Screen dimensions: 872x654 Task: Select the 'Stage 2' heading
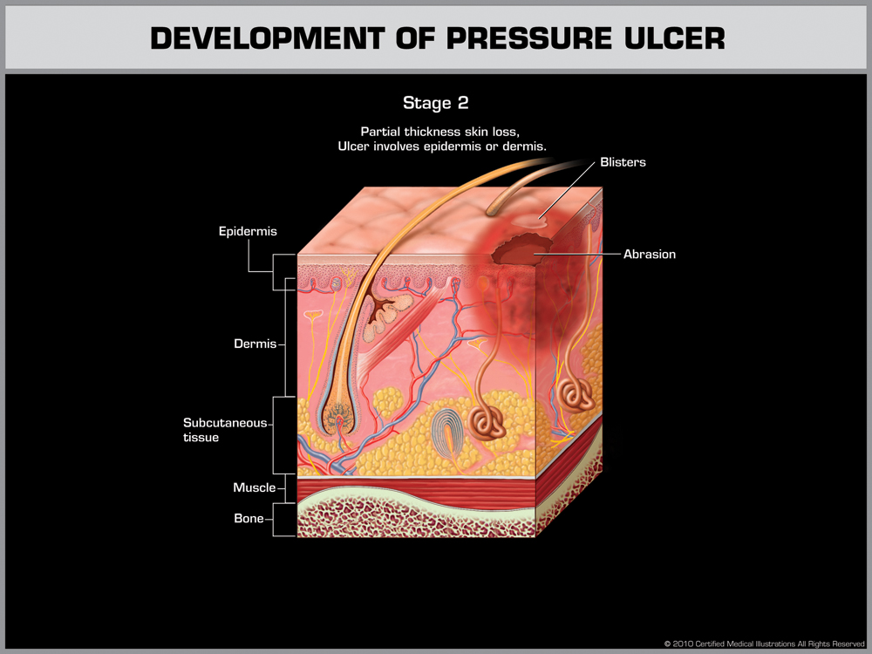tap(436, 103)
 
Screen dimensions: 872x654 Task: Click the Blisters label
tap(623, 162)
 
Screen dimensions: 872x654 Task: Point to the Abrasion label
tap(649, 255)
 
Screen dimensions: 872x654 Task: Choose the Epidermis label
tap(248, 231)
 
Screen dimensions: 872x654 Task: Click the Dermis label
tap(255, 344)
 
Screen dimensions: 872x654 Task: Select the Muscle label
tap(254, 487)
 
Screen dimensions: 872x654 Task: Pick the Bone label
tap(249, 519)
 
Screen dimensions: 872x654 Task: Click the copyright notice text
tap(764, 644)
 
